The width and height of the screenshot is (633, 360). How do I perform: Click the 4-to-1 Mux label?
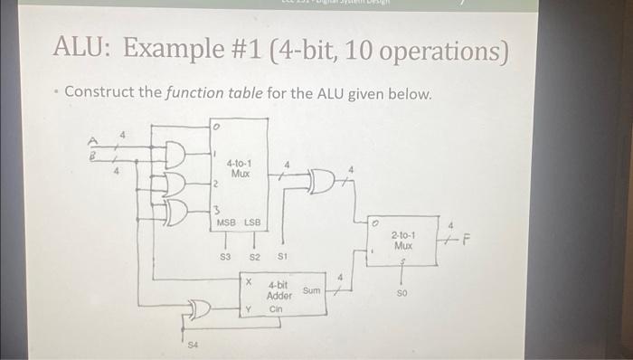pos(240,167)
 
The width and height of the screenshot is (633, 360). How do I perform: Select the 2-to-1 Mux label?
pos(403,239)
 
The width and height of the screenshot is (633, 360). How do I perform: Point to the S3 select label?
pos(226,257)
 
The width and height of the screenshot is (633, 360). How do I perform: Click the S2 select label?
pos(254,257)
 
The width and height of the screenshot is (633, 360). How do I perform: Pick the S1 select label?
pos(283,257)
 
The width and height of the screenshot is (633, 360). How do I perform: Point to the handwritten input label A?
pos(91,140)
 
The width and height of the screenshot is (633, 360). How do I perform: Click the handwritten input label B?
pos(90,155)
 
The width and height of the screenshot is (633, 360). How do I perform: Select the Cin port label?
pos(277,308)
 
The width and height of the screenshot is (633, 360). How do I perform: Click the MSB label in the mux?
pos(226,222)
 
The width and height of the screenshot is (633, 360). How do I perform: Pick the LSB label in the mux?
pos(251,222)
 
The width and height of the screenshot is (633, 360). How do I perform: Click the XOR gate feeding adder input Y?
pos(198,311)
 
